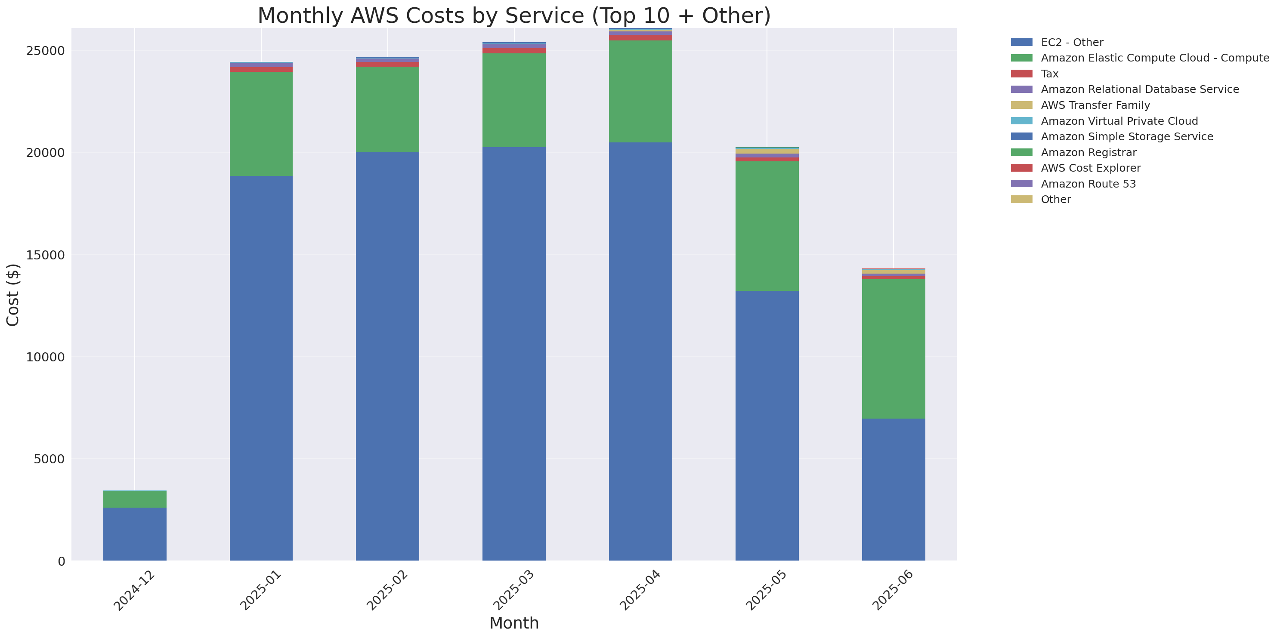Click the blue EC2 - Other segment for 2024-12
(135, 534)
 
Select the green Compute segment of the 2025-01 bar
(261, 124)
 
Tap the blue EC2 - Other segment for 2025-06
(893, 489)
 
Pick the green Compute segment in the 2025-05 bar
(767, 226)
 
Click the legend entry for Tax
(1049, 74)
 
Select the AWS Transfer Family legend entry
(1095, 105)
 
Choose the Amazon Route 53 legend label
(1088, 184)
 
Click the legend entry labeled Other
(1055, 200)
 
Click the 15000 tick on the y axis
(45, 255)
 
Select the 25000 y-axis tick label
(45, 51)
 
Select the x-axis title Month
(514, 623)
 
